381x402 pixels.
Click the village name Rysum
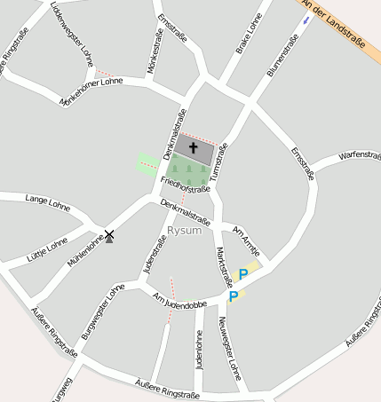(x=184, y=231)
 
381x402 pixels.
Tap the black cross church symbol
(x=194, y=148)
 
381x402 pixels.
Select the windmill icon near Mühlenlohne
(x=109, y=236)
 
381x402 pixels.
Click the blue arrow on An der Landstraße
(x=306, y=18)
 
